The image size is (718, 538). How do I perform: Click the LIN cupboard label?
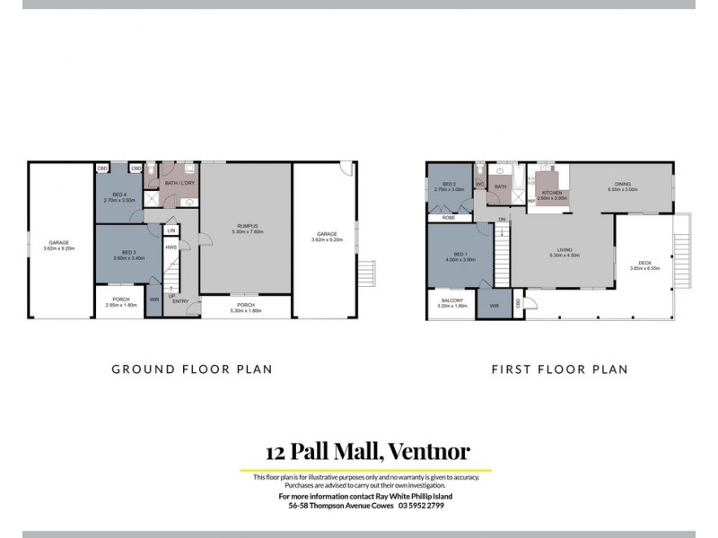171,230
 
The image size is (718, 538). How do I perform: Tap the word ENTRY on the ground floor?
180,301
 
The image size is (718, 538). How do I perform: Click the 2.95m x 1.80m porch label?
120,306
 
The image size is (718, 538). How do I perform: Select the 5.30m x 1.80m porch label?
245,311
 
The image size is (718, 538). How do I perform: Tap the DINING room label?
622,186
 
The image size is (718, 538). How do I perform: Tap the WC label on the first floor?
480,184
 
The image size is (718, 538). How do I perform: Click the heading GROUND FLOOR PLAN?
191,369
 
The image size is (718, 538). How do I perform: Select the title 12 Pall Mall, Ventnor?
367,451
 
